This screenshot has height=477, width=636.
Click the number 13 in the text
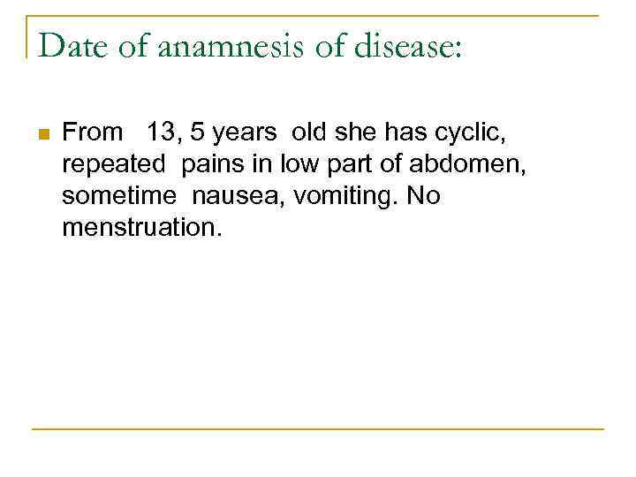(162, 133)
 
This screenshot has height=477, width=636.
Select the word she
(358, 133)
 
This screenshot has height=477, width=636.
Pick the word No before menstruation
(424, 197)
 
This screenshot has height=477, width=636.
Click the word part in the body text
(361, 165)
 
